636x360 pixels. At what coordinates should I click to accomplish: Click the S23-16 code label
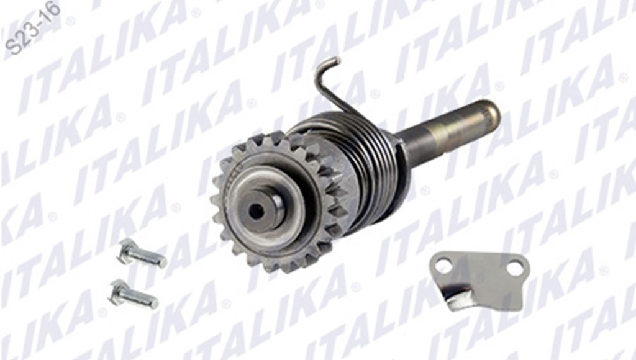(32, 29)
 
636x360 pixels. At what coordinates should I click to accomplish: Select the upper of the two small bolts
(143, 254)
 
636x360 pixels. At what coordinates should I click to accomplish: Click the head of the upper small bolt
(126, 250)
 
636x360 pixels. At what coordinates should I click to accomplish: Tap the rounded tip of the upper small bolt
(163, 263)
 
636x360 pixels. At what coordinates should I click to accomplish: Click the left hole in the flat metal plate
(443, 266)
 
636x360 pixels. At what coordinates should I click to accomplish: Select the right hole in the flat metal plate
(515, 268)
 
